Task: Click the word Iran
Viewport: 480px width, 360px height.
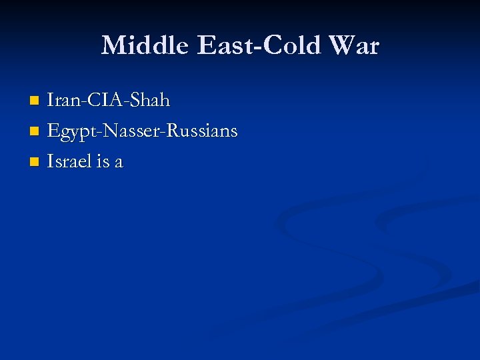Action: pyautogui.click(x=62, y=101)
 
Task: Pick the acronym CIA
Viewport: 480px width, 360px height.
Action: pyautogui.click(x=101, y=101)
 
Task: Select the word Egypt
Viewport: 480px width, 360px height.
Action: pyautogui.click(x=70, y=131)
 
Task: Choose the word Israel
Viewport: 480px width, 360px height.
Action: pyautogui.click(x=69, y=161)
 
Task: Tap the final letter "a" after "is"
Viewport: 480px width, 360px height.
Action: pyautogui.click(x=119, y=163)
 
